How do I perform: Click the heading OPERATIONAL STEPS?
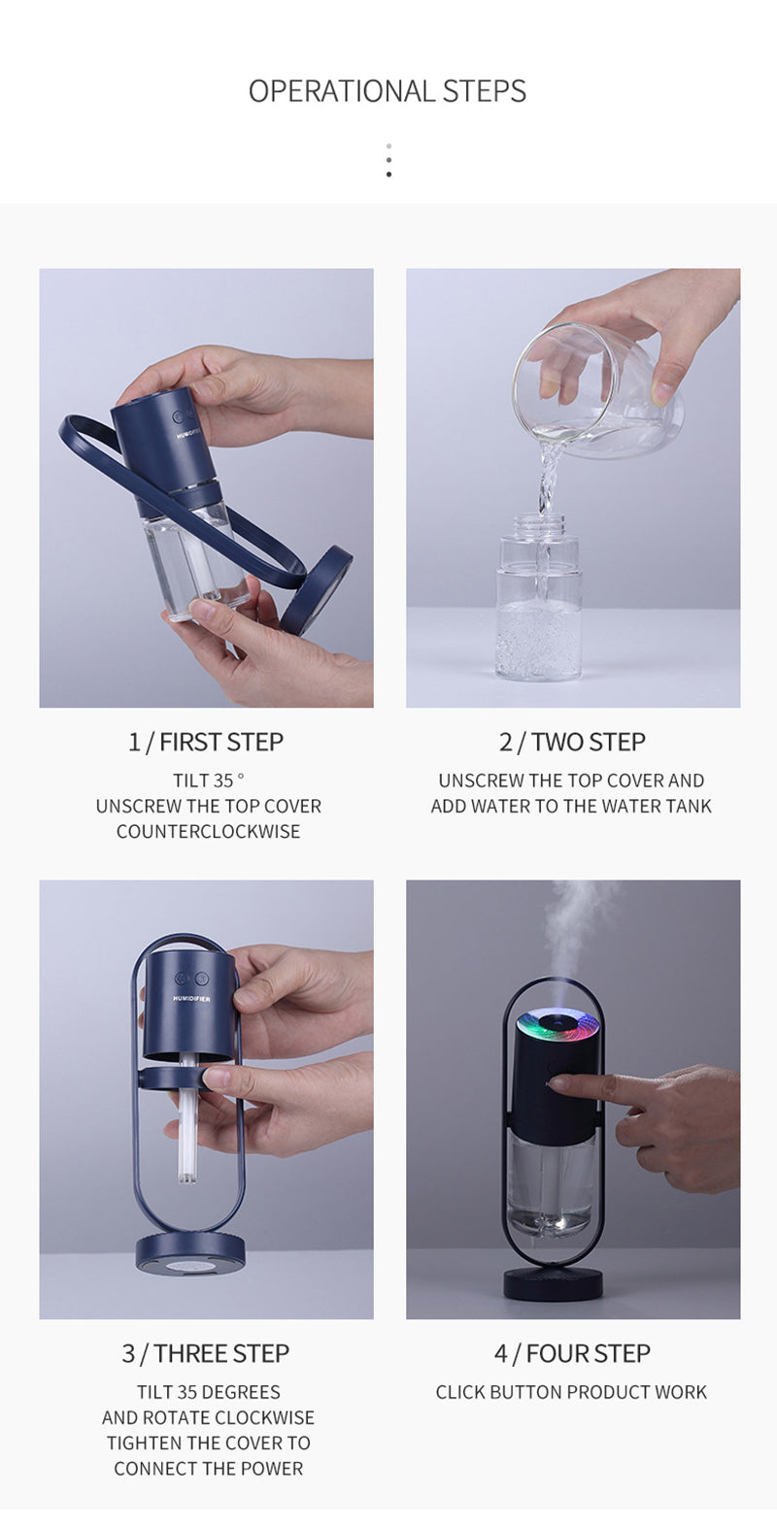[x=388, y=91]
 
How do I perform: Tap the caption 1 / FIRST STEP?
[x=206, y=742]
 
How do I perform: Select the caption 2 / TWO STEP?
[x=572, y=742]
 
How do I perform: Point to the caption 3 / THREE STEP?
[x=206, y=1353]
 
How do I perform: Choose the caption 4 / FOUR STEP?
[x=572, y=1353]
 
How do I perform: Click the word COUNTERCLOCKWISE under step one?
[x=208, y=832]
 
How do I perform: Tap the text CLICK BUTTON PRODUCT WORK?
[x=571, y=1392]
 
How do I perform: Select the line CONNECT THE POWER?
[x=208, y=1469]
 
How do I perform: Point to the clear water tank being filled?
[x=538, y=596]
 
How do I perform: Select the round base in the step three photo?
[x=190, y=1253]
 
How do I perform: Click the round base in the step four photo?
[x=553, y=1280]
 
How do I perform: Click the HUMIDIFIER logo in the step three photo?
[x=191, y=999]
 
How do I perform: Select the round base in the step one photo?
[x=316, y=590]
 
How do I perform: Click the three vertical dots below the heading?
[x=388, y=160]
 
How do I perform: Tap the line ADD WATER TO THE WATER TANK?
[x=571, y=807]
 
